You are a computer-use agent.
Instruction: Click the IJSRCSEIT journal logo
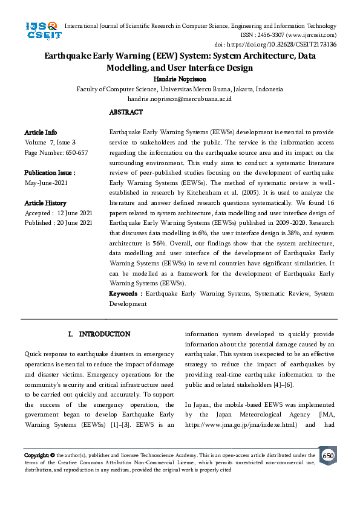pyautogui.click(x=42, y=30)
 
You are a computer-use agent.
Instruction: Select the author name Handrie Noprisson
pyautogui.click(x=180, y=79)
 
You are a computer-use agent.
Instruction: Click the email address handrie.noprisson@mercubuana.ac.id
pyautogui.click(x=180, y=99)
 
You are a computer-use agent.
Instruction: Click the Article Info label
pyautogui.click(x=41, y=132)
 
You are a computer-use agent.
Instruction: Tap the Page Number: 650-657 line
pyautogui.click(x=56, y=153)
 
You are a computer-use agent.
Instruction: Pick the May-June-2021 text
pyautogui.click(x=45, y=183)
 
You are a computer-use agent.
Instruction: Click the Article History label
pyautogui.click(x=45, y=203)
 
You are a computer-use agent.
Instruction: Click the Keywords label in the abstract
pyautogui.click(x=125, y=294)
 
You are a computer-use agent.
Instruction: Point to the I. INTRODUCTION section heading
pyautogui.click(x=100, y=334)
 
